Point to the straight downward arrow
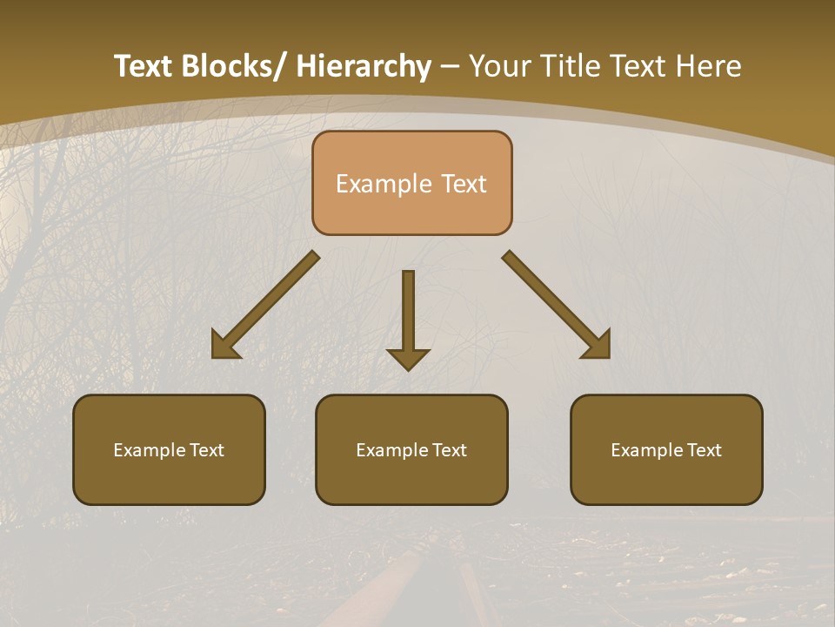click(408, 319)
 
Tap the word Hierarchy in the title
click(364, 66)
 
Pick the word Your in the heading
click(499, 66)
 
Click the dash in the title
click(450, 67)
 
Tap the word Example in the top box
click(384, 185)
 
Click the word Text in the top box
click(463, 185)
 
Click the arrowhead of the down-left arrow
click(224, 345)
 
